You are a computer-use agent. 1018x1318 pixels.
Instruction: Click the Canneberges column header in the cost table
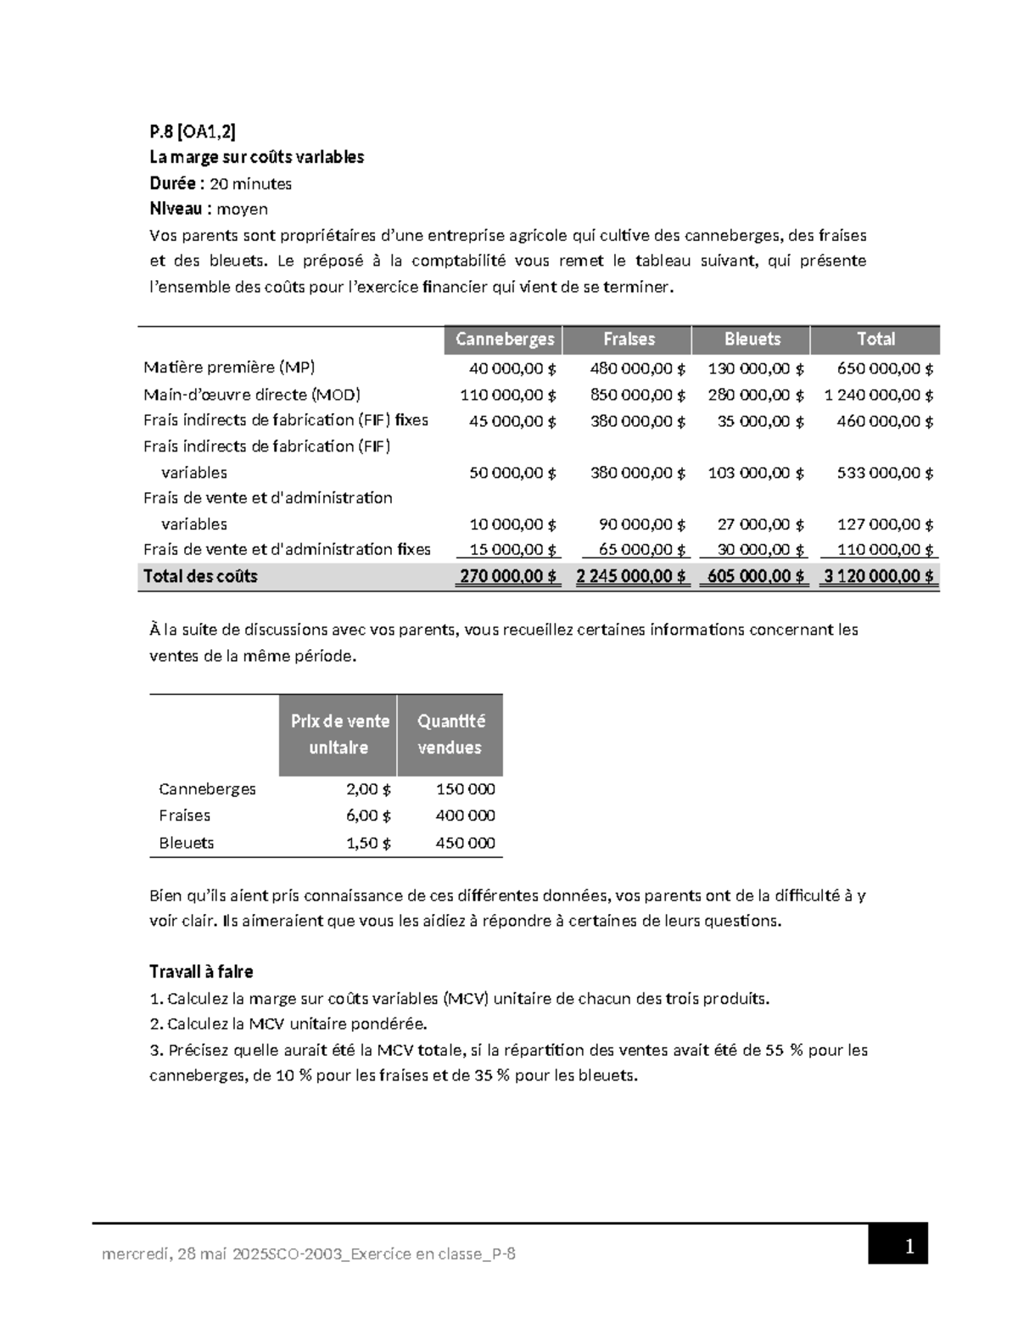[x=504, y=339]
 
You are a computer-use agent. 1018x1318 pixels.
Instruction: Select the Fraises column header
[x=629, y=339]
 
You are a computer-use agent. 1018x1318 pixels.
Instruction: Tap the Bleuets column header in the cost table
[x=752, y=339]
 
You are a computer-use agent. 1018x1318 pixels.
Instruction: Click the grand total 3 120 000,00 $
[x=879, y=576]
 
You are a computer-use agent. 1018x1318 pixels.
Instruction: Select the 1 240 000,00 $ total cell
[x=879, y=395]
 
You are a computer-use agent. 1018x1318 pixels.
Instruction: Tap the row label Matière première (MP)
[x=229, y=367]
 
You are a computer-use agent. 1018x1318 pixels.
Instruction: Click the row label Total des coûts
[x=200, y=576]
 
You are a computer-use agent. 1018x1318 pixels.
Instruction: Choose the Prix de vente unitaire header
[x=339, y=734]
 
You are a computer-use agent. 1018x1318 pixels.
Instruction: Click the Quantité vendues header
[x=450, y=734]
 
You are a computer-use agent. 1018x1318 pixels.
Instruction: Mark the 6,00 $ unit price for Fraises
[x=368, y=816]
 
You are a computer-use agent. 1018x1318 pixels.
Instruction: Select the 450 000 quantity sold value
[x=465, y=843]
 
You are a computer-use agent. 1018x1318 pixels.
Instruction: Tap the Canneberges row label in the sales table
[x=207, y=789]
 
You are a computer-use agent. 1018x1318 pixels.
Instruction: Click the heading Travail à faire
[x=201, y=972]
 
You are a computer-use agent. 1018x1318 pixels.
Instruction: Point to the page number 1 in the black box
[x=909, y=1246]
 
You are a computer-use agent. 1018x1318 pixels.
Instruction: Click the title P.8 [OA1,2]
[x=193, y=132]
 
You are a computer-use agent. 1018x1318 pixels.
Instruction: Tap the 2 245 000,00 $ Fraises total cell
[x=631, y=576]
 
